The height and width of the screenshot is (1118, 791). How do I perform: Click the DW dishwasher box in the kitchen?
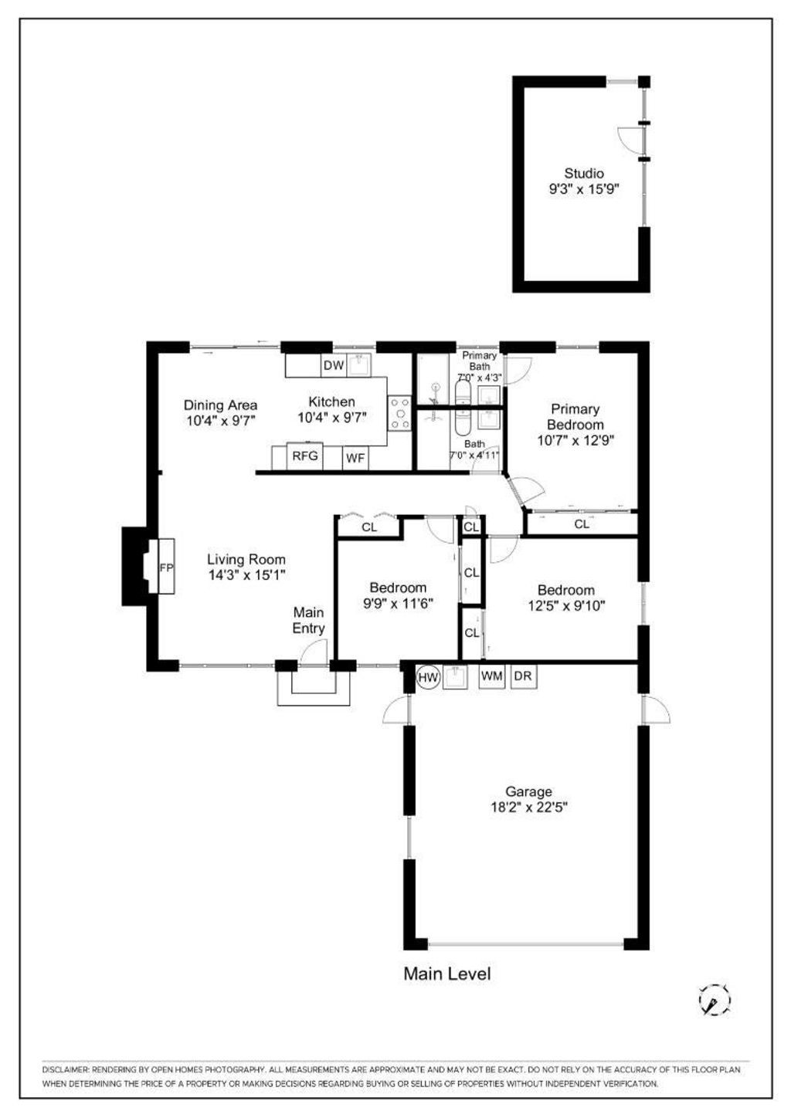pyautogui.click(x=333, y=365)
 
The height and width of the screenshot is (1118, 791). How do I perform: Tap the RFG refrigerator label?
pyautogui.click(x=304, y=456)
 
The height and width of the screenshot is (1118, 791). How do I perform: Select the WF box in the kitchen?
pyautogui.click(x=355, y=458)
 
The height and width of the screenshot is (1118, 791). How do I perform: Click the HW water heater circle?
pyautogui.click(x=428, y=677)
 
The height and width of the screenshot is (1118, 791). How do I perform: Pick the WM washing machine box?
pyautogui.click(x=491, y=676)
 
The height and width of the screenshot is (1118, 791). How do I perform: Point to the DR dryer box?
pyautogui.click(x=523, y=676)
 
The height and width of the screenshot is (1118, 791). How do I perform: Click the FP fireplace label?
pyautogui.click(x=166, y=567)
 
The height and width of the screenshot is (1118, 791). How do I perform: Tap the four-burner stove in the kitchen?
pyautogui.click(x=399, y=414)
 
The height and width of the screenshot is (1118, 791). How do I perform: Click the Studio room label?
pyautogui.click(x=584, y=173)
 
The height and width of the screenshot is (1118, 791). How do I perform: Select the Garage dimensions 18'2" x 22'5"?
pyautogui.click(x=529, y=807)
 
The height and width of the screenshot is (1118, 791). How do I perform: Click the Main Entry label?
pyautogui.click(x=309, y=620)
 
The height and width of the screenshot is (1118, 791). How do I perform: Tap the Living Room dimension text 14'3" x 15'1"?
pyautogui.click(x=246, y=575)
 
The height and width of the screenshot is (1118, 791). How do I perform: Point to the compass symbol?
pyautogui.click(x=714, y=1001)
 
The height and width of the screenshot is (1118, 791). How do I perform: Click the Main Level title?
pyautogui.click(x=447, y=974)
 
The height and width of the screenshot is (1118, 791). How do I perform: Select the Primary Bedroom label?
pyautogui.click(x=575, y=417)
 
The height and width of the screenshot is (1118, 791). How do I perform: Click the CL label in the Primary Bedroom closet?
pyautogui.click(x=582, y=524)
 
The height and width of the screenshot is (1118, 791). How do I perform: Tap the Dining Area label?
pyautogui.click(x=221, y=405)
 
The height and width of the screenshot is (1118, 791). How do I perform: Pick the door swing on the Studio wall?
pyautogui.click(x=631, y=141)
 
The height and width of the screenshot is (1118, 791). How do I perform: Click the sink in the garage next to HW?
pyautogui.click(x=455, y=677)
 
